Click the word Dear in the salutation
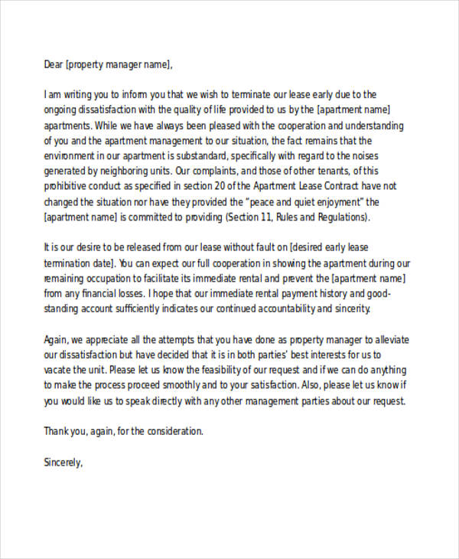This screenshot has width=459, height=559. click(x=54, y=64)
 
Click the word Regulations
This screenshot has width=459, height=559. click(x=343, y=217)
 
